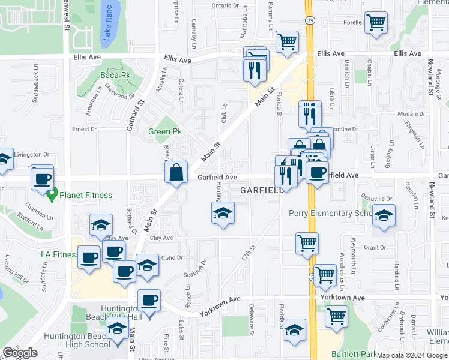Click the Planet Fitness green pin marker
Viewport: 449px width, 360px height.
click(52, 194)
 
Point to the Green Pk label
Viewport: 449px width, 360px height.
click(161, 131)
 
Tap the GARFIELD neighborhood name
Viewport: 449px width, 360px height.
click(262, 190)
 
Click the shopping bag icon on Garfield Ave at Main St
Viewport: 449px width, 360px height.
click(177, 173)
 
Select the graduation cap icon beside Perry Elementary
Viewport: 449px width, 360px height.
click(384, 216)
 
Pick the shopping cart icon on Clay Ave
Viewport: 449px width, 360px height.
click(307, 243)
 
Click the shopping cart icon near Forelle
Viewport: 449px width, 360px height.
click(376, 23)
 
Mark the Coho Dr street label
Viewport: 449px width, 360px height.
click(172, 258)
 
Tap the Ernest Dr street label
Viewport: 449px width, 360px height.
click(84, 129)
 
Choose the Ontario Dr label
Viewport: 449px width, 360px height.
click(226, 5)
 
